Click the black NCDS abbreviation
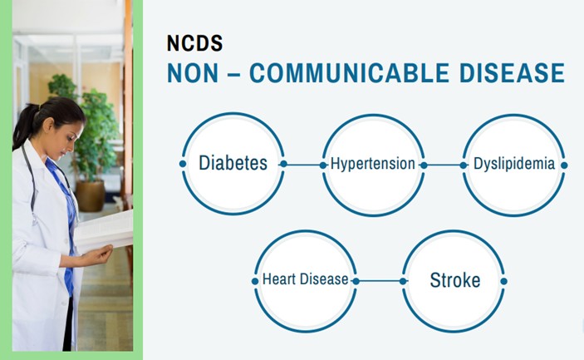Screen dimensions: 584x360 coord(194,43)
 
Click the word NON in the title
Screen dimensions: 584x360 coord(193,72)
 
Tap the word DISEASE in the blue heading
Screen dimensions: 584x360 coord(512,72)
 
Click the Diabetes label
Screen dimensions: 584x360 coord(233,163)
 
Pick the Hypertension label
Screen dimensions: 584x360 coord(372,164)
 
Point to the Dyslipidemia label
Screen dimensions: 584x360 coord(514,164)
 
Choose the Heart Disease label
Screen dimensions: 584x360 coord(306,279)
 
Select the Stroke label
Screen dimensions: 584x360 coord(454,280)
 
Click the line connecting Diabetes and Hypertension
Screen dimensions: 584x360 coord(303,165)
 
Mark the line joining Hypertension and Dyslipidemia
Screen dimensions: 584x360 coord(444,165)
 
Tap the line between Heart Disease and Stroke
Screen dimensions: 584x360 coord(380,281)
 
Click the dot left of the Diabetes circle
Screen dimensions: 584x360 coord(183,164)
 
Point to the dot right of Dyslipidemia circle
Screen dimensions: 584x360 coord(564,165)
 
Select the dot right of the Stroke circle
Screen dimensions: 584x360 coord(503,281)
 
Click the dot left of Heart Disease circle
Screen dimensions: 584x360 coord(255,281)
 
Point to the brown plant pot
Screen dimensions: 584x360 coord(91,195)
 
